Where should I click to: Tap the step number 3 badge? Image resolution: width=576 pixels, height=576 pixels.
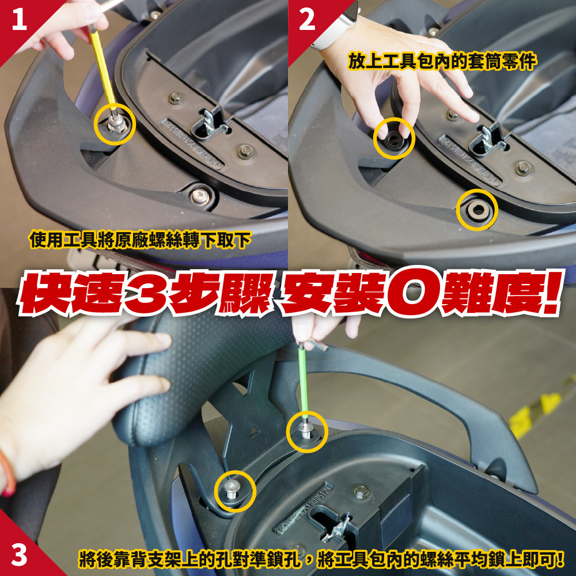point(19,555)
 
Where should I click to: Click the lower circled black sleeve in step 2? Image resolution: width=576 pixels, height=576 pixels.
point(478,210)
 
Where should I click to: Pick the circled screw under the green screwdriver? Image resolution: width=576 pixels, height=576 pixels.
point(306,429)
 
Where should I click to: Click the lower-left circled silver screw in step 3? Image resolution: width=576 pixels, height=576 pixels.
point(232,490)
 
